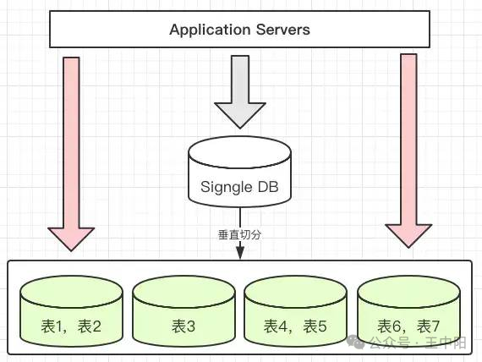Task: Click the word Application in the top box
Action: click(x=210, y=30)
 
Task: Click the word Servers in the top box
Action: click(x=282, y=30)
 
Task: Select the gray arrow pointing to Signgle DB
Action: click(x=240, y=92)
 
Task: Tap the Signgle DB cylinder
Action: click(x=240, y=172)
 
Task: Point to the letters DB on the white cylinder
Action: click(x=268, y=186)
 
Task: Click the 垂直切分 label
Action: click(x=240, y=234)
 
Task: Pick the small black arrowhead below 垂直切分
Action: click(x=240, y=253)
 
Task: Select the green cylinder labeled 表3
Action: click(x=183, y=311)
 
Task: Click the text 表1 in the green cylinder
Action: click(x=53, y=326)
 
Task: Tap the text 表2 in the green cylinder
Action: click(x=90, y=326)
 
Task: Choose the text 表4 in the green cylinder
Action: click(x=276, y=326)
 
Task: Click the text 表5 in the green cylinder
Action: click(x=315, y=326)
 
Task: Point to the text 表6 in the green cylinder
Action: click(x=389, y=326)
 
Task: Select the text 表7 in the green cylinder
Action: click(x=428, y=326)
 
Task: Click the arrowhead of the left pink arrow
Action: click(x=71, y=239)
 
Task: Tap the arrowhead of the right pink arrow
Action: click(x=408, y=236)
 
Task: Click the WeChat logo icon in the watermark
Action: click(x=356, y=342)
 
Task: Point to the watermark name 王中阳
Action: click(x=446, y=343)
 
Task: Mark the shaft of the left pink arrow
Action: click(x=71, y=142)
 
